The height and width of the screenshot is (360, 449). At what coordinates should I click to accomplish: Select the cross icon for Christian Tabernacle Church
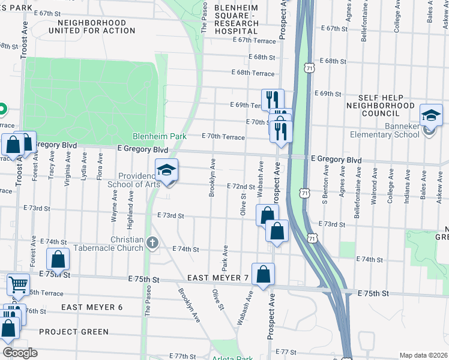[152, 243]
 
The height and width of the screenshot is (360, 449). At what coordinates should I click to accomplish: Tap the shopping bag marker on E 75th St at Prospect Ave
[263, 275]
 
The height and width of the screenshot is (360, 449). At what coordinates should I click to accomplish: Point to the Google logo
[19, 353]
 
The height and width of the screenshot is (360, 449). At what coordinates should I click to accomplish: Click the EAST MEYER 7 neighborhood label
[217, 278]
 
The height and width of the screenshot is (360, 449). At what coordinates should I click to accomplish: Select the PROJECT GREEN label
[74, 332]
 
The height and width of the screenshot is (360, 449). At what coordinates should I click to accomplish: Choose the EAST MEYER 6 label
[92, 307]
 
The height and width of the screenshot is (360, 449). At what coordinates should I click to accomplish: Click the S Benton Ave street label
[325, 187]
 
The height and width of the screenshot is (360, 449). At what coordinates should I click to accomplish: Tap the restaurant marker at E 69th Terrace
[272, 99]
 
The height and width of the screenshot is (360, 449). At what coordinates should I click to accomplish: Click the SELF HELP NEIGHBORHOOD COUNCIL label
[387, 105]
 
